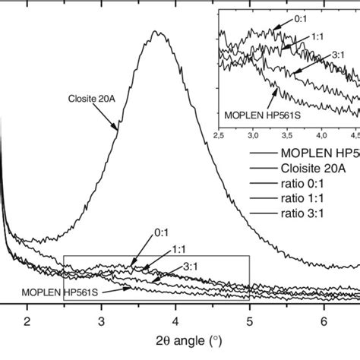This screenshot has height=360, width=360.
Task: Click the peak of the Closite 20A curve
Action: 157,32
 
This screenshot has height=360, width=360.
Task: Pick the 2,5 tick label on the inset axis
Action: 219,135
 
